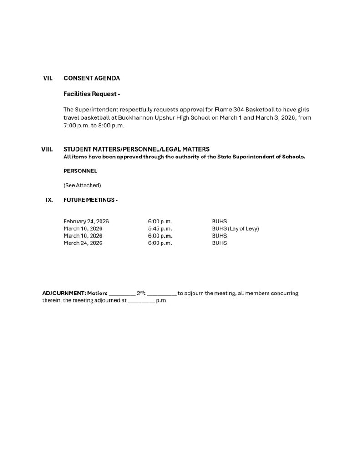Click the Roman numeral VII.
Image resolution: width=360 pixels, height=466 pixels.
coord(48,78)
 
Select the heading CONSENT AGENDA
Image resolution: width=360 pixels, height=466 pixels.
coord(92,78)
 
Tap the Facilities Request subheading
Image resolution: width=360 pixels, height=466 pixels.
coord(91,94)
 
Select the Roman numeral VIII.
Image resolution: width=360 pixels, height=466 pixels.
coord(48,149)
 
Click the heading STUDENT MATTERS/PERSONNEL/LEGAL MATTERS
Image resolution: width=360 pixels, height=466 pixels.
coord(137,149)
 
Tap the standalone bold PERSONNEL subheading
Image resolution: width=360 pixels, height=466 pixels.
coord(80,171)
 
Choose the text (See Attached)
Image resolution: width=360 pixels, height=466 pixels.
coord(82,185)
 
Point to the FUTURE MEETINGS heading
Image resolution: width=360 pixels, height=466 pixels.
coord(91,199)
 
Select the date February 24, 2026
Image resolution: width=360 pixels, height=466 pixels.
coord(86,221)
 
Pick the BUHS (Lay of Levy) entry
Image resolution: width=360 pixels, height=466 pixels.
coord(235,228)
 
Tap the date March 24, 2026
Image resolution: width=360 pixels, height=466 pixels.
coord(83,243)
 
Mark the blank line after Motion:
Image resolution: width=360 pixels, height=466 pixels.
coord(122,294)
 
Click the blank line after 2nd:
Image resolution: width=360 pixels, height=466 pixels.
coord(162,294)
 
